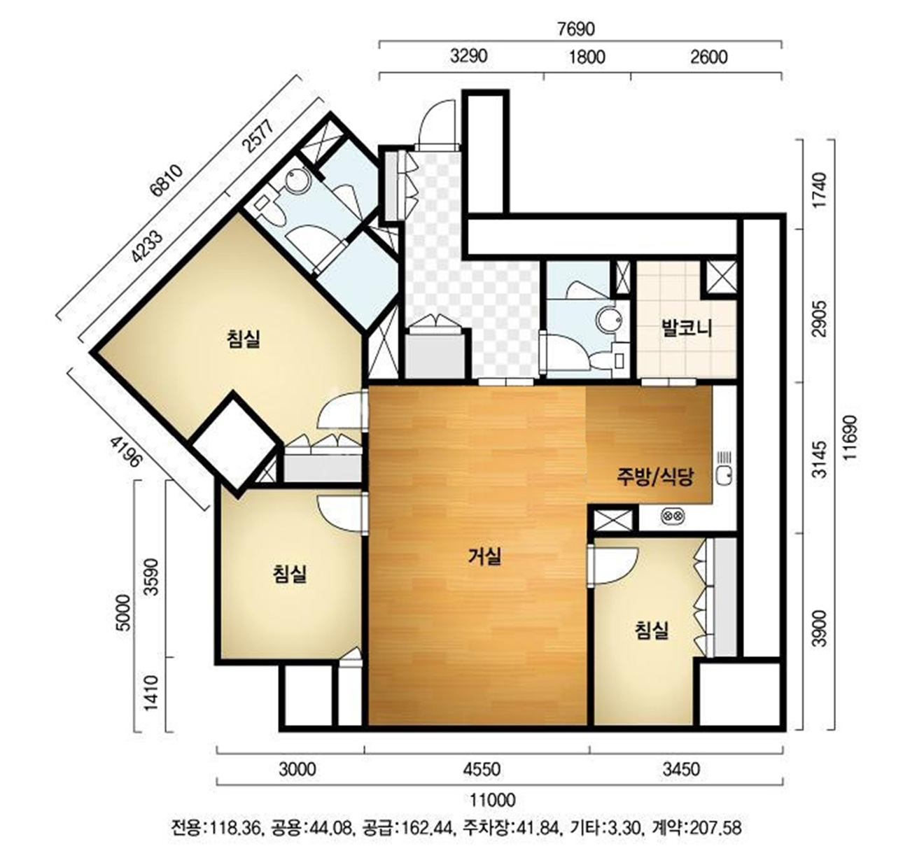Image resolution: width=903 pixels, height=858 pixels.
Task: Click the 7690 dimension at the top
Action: pyautogui.click(x=576, y=29)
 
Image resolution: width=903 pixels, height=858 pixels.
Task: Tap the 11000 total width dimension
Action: pyautogui.click(x=492, y=800)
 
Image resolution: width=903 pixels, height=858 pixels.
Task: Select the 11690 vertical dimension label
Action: pyautogui.click(x=850, y=437)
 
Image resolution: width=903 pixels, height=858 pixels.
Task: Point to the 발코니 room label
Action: pyautogui.click(x=686, y=329)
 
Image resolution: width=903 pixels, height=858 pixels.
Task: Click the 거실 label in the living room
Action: pyautogui.click(x=485, y=556)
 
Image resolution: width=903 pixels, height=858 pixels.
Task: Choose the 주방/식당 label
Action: pyautogui.click(x=654, y=477)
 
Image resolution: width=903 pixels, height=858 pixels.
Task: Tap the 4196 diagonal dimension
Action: pyautogui.click(x=125, y=451)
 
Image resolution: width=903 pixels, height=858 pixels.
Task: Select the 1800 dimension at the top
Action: pyautogui.click(x=587, y=57)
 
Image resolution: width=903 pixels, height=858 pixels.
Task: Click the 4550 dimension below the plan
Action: pyautogui.click(x=482, y=769)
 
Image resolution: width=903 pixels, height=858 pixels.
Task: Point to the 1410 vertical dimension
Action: pyautogui.click(x=151, y=693)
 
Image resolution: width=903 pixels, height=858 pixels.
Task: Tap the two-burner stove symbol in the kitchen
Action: pyautogui.click(x=673, y=516)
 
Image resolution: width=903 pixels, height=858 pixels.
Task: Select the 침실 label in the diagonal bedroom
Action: pyautogui.click(x=243, y=339)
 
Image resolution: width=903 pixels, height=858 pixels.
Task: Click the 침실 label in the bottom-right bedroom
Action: pyautogui.click(x=651, y=630)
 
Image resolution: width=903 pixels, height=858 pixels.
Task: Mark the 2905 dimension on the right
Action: pyautogui.click(x=819, y=318)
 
